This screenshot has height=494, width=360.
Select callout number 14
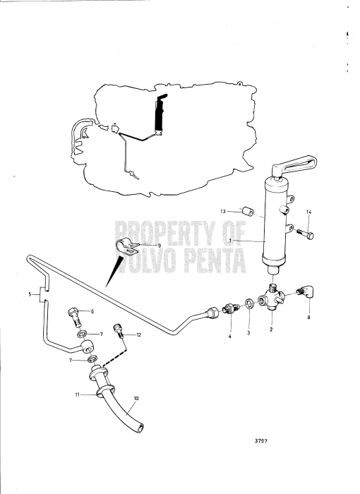[308, 212]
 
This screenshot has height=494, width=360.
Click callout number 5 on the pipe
[29, 293]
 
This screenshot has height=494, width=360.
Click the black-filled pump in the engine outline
[160, 114]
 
